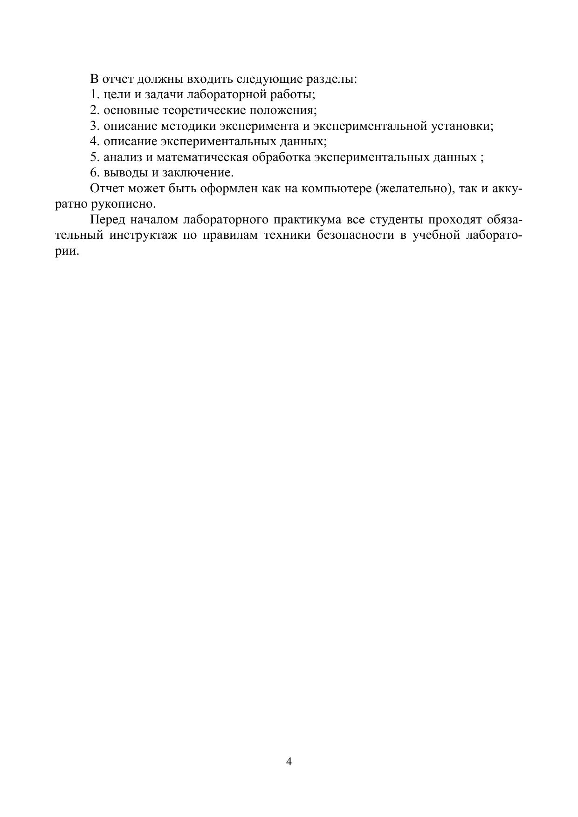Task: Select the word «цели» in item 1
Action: [x=115, y=95]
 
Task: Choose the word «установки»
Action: [x=461, y=126]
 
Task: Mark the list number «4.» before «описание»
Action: [x=95, y=142]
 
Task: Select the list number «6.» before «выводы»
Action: [x=95, y=173]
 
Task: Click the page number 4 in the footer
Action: [x=289, y=762]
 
